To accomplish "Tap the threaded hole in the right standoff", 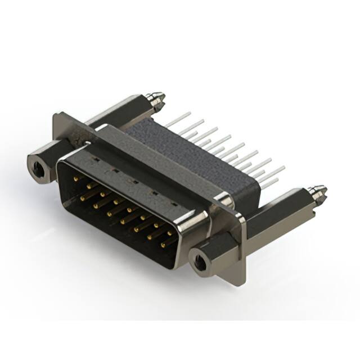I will tap(198, 260).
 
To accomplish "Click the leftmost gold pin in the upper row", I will tap(76, 178).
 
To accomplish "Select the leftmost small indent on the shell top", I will tap(92, 159).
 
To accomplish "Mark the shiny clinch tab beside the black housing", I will tap(224, 199).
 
